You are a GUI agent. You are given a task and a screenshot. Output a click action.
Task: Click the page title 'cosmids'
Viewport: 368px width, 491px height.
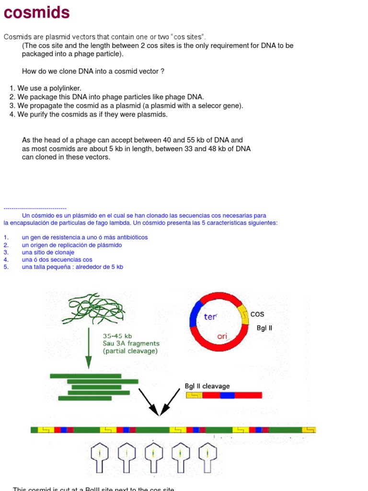click(x=37, y=12)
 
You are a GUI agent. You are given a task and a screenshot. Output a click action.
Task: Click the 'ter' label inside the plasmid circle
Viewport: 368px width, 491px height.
click(x=210, y=317)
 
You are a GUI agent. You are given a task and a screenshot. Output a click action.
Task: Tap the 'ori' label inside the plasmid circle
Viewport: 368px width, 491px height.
click(x=222, y=336)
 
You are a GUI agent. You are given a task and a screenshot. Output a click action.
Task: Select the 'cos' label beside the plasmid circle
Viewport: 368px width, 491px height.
click(x=257, y=315)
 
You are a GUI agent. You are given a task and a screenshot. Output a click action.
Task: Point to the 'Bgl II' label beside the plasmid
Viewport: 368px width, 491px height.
click(x=264, y=328)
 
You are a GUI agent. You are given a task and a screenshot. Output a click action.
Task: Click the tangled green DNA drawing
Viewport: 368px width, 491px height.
click(x=96, y=308)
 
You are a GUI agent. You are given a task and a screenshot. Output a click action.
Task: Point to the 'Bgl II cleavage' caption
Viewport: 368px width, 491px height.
click(x=207, y=386)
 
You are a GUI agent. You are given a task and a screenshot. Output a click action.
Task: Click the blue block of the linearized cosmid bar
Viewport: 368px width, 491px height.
click(x=227, y=395)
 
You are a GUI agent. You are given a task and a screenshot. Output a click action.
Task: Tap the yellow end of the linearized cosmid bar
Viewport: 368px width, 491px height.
click(x=194, y=395)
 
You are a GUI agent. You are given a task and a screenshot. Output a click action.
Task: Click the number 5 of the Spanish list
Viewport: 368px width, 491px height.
click(x=6, y=267)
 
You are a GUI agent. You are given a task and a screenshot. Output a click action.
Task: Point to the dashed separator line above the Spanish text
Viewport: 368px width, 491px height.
click(x=34, y=209)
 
